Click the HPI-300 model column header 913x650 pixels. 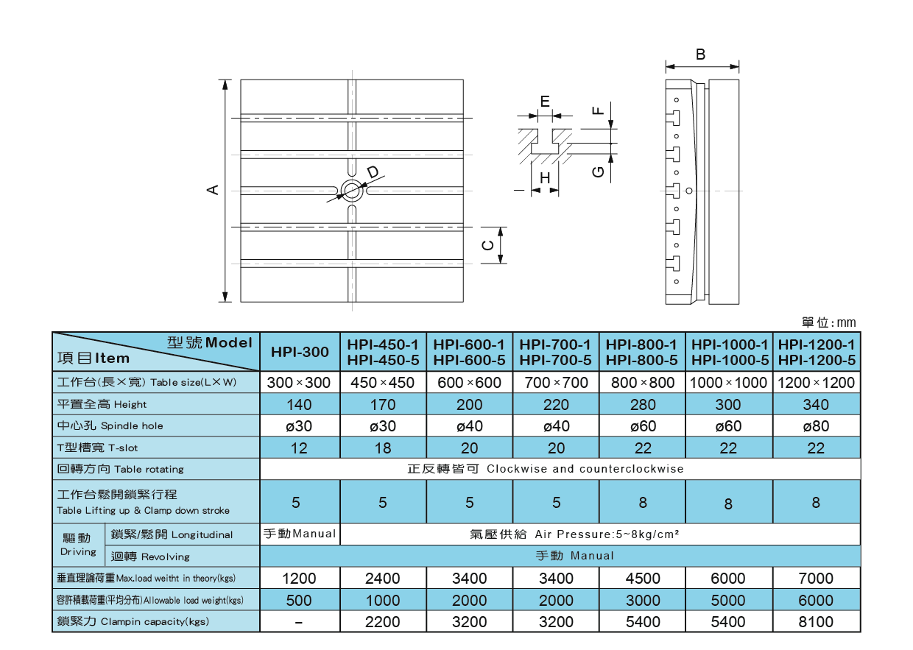[300, 352]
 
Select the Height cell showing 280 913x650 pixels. [643, 405]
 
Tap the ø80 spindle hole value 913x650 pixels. [816, 426]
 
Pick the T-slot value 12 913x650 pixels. [300, 448]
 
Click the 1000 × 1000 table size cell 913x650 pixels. [728, 383]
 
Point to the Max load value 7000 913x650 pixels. [816, 579]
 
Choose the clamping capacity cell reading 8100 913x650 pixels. [816, 622]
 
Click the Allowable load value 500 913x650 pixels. [300, 601]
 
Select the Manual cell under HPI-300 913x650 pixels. [300, 534]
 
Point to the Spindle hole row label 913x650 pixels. [110, 425]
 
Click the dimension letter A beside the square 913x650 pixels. [213, 190]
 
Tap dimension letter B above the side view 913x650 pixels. [701, 54]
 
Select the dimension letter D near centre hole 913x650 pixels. [373, 172]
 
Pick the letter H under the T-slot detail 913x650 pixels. [545, 178]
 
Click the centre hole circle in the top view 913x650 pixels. [351, 191]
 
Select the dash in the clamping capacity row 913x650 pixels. [300, 623]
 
